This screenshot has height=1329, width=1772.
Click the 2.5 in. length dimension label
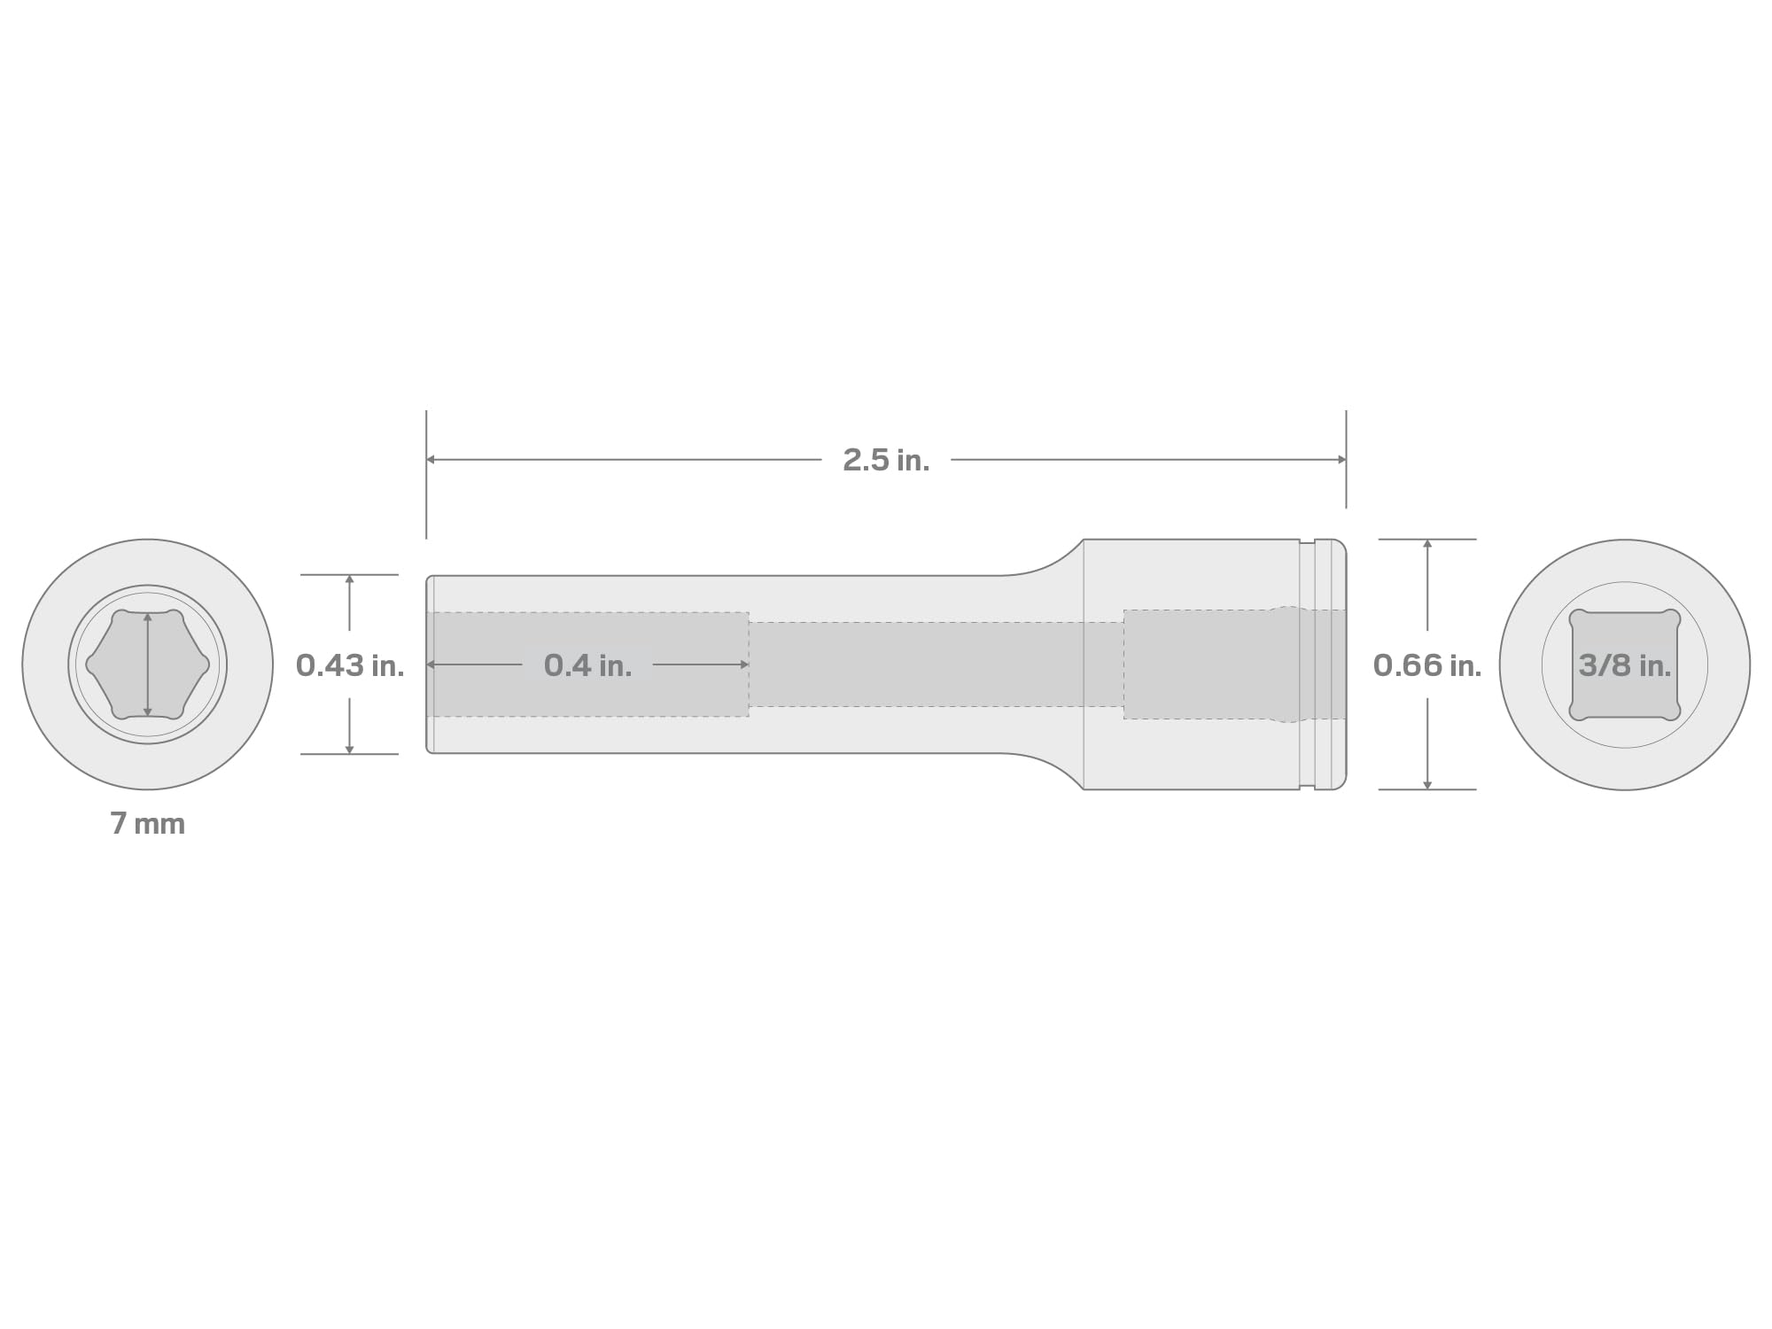(x=886, y=460)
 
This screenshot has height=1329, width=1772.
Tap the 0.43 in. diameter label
(x=350, y=665)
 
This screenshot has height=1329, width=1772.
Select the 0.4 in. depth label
(x=588, y=665)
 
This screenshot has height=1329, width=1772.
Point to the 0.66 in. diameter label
(x=1427, y=665)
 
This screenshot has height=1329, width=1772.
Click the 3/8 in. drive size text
(x=1625, y=665)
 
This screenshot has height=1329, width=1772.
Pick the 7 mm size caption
(x=148, y=824)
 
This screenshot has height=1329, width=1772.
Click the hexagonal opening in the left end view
(x=148, y=664)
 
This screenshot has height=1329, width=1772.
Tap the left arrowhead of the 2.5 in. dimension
(x=431, y=460)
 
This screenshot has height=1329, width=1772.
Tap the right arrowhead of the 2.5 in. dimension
(x=1341, y=460)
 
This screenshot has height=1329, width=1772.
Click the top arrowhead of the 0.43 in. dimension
(x=350, y=579)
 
